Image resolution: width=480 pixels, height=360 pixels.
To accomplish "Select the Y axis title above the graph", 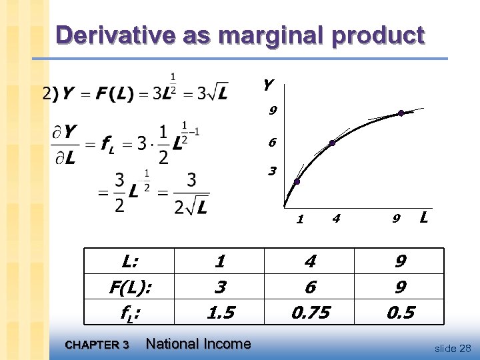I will tap(267, 85).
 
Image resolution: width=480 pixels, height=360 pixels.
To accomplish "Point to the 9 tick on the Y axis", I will tap(273, 111).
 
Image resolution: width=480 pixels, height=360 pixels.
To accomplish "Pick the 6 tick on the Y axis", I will tap(273, 143).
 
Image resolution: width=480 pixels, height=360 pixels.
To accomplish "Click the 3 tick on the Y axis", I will tap(273, 171).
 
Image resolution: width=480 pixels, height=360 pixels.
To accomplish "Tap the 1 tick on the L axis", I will tap(301, 218).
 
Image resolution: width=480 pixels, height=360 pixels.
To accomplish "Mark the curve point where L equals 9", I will tap(401, 113).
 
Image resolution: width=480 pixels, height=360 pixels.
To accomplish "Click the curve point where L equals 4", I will tap(332, 143).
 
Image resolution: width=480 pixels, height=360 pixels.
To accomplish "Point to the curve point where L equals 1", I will tap(297, 181).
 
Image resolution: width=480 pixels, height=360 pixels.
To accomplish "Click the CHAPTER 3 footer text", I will tap(97, 345).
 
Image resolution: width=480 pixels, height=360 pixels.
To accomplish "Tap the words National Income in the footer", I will tap(198, 344).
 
